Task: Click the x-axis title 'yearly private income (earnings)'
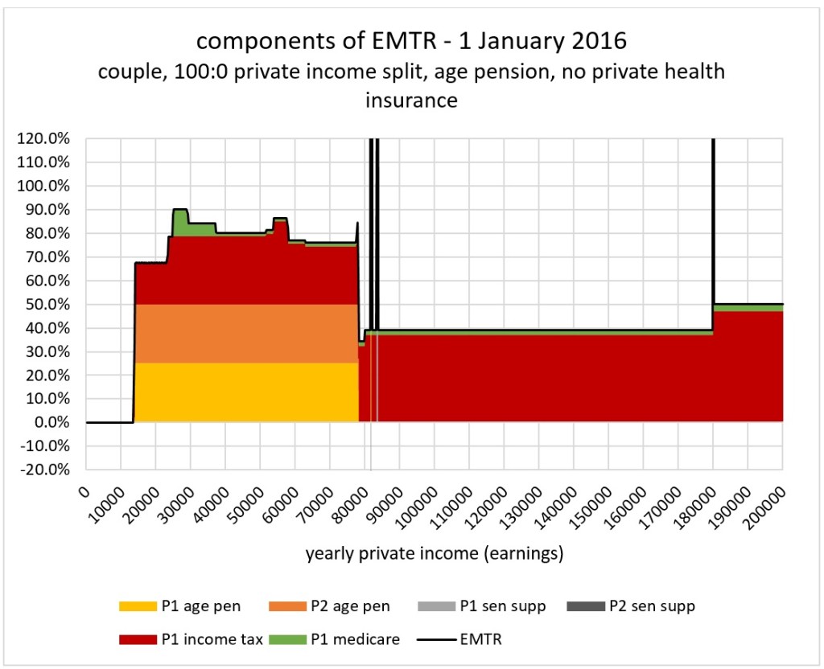coord(434,554)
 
